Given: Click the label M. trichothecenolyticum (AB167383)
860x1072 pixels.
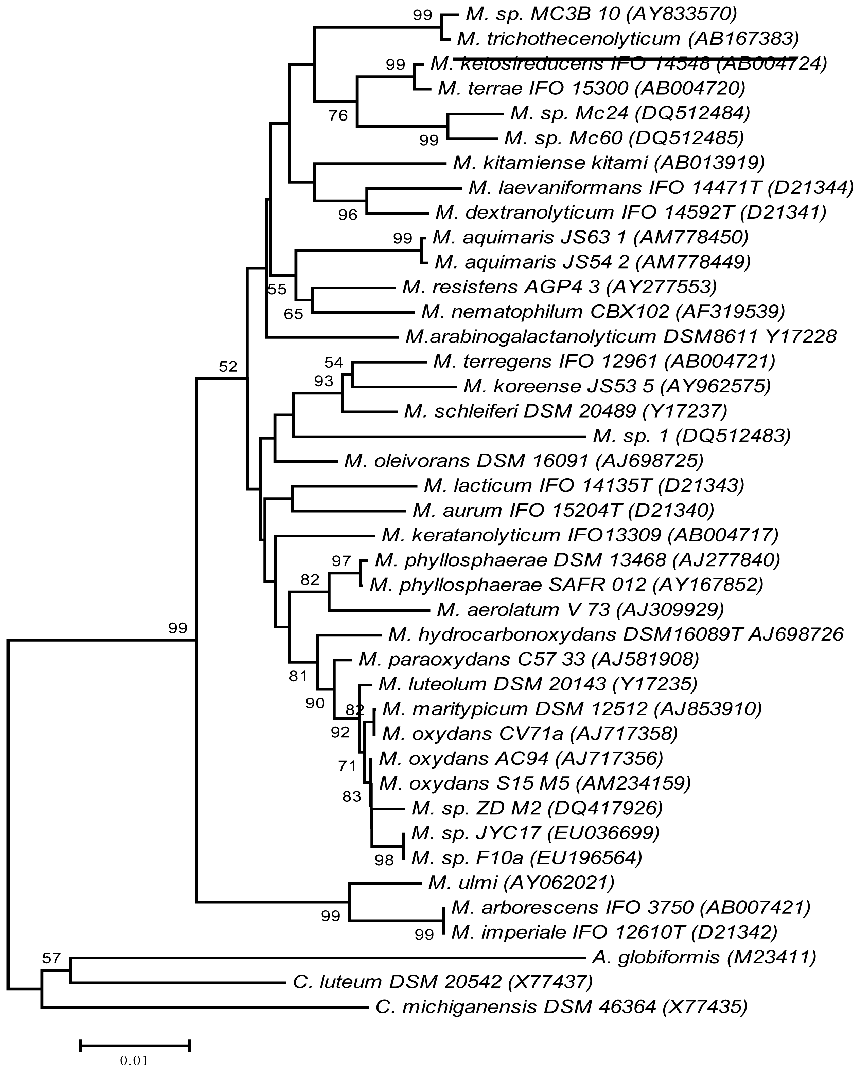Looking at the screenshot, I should point(628,38).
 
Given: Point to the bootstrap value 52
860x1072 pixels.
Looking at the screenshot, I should point(228,367).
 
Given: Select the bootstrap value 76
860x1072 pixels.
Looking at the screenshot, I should point(338,116).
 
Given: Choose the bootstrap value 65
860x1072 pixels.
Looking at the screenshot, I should point(293,314).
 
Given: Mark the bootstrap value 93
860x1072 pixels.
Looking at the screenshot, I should point(323,381).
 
